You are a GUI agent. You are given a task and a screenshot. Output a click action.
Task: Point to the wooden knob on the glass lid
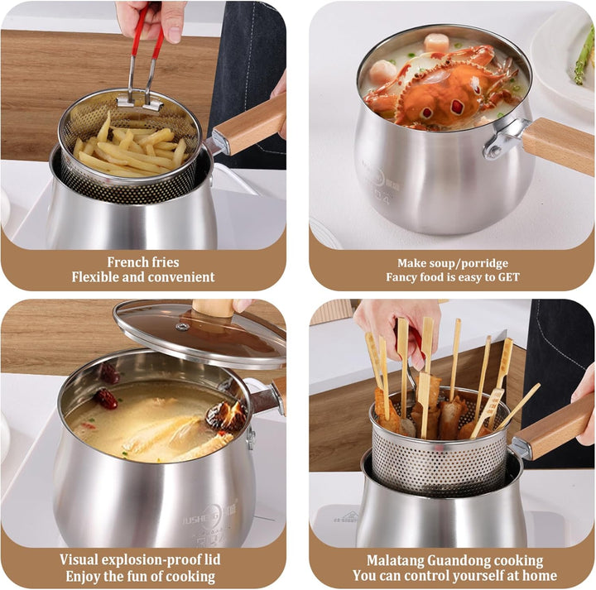pyautogui.click(x=213, y=308)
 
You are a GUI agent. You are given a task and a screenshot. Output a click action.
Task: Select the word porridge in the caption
pyautogui.click(x=483, y=262)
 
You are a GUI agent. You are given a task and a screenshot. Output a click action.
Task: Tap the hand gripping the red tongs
pyautogui.click(x=153, y=17)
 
